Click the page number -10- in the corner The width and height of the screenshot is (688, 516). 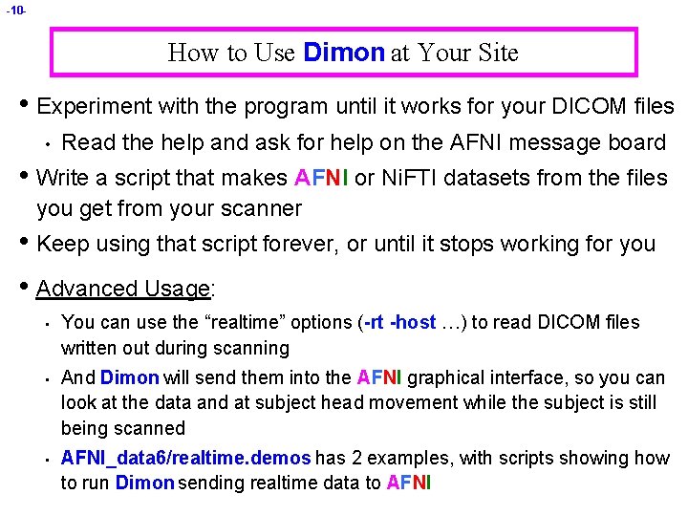point(15,11)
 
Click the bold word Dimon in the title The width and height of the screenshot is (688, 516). point(343,53)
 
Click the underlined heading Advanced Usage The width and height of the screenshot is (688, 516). point(122,289)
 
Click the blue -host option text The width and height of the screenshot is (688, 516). point(413,322)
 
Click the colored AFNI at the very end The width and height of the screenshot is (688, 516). point(409,483)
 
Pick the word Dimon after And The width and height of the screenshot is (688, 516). point(130,378)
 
